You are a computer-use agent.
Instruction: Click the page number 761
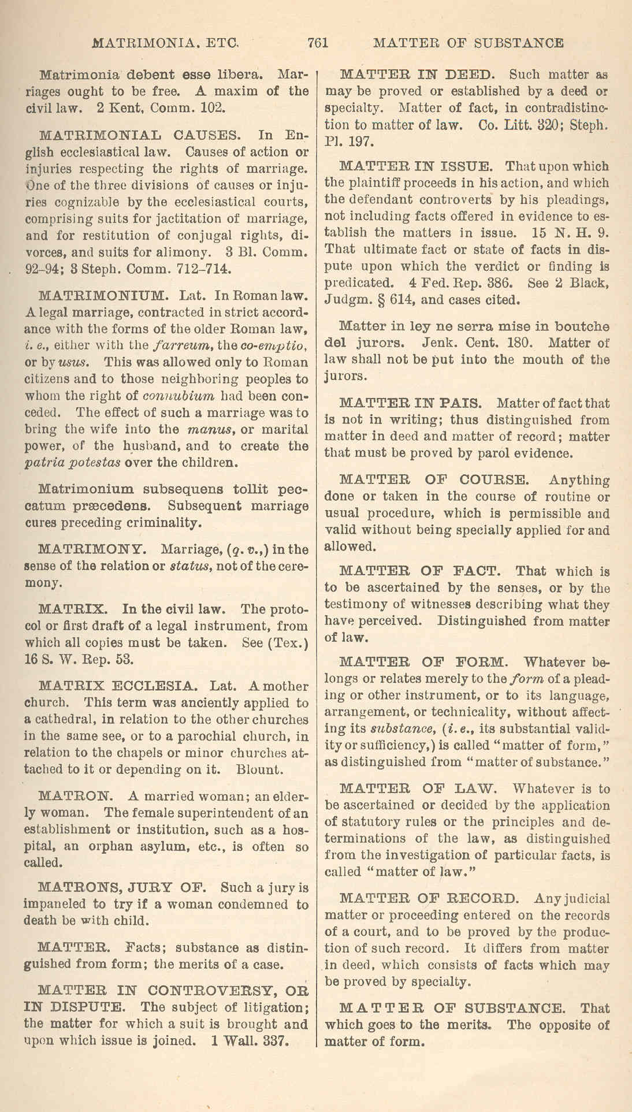(318, 43)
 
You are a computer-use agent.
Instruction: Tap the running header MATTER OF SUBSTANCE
(469, 43)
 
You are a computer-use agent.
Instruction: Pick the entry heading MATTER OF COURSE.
(433, 480)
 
